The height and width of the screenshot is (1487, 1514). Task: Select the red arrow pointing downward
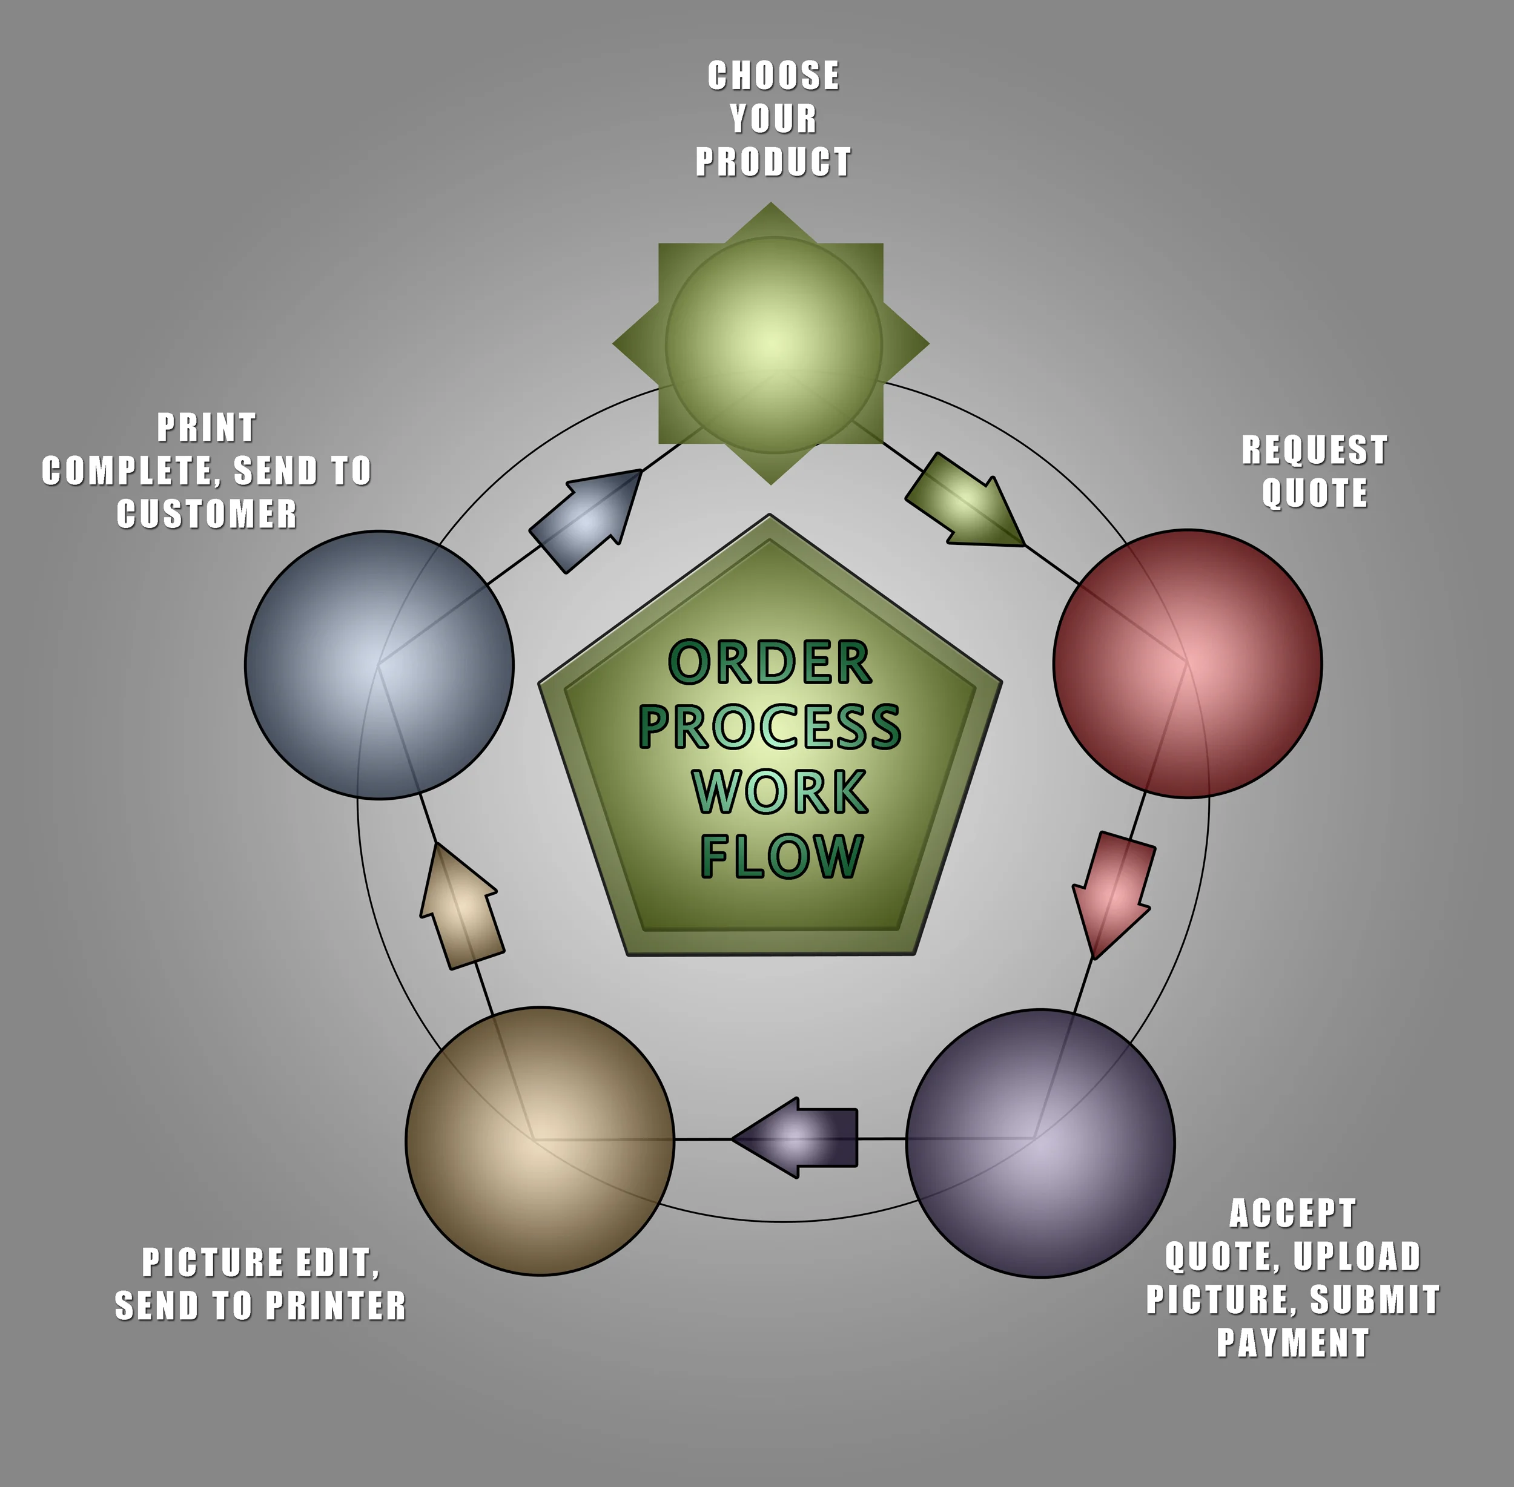(x=1113, y=891)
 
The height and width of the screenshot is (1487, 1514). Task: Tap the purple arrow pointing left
(x=797, y=1137)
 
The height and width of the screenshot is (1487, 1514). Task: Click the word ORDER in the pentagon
(x=770, y=662)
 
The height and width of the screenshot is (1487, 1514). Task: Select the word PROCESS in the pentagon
(x=770, y=727)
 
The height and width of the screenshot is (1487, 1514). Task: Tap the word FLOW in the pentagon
(x=781, y=856)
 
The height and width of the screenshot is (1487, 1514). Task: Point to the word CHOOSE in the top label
(x=773, y=76)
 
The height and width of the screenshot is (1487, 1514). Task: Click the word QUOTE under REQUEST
(x=1315, y=493)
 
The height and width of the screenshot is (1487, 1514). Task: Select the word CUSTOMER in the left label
(x=207, y=514)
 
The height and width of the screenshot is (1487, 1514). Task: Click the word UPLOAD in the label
(x=1357, y=1256)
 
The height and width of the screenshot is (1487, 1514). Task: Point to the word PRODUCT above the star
(x=773, y=162)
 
